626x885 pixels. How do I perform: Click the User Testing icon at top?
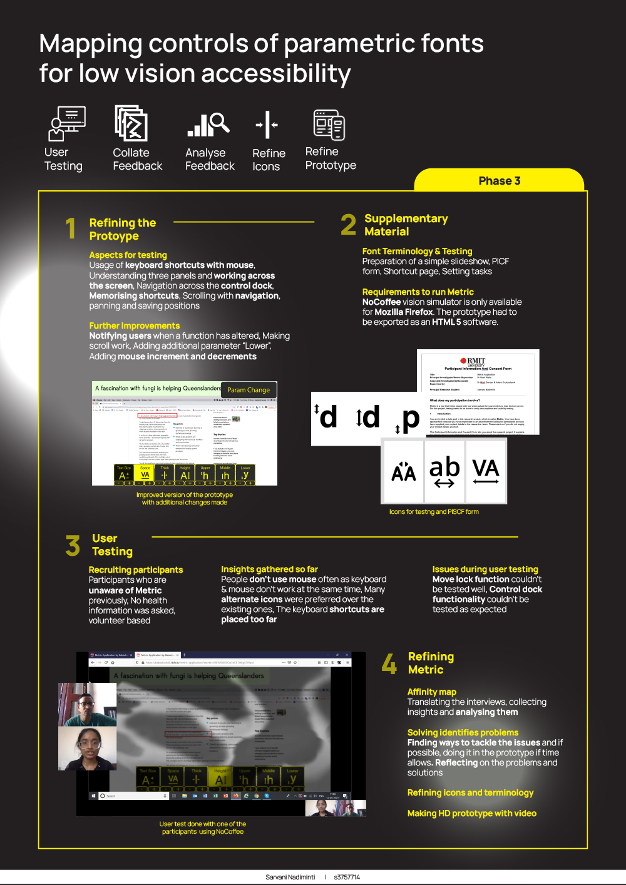tap(66, 123)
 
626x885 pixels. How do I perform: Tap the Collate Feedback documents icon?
tap(131, 123)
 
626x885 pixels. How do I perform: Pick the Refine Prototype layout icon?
tap(329, 125)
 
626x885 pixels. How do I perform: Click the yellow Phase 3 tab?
tap(499, 181)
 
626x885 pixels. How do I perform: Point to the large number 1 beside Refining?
tap(71, 228)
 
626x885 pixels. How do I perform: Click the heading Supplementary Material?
tap(406, 225)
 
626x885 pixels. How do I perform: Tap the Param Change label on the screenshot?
tap(249, 390)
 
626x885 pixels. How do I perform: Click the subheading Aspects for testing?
tap(128, 255)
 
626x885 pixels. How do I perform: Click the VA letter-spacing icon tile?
tap(485, 471)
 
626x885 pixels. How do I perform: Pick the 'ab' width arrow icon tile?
tap(444, 471)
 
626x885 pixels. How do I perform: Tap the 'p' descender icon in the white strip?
tap(408, 419)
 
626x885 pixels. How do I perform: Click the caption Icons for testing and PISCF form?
tap(434, 511)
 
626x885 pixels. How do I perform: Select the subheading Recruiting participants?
tap(136, 570)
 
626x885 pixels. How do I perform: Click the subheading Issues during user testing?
tap(485, 569)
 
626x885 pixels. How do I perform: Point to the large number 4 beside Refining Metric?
tap(389, 663)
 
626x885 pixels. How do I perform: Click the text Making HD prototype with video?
tap(471, 813)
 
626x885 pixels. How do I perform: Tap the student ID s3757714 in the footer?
tap(347, 877)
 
